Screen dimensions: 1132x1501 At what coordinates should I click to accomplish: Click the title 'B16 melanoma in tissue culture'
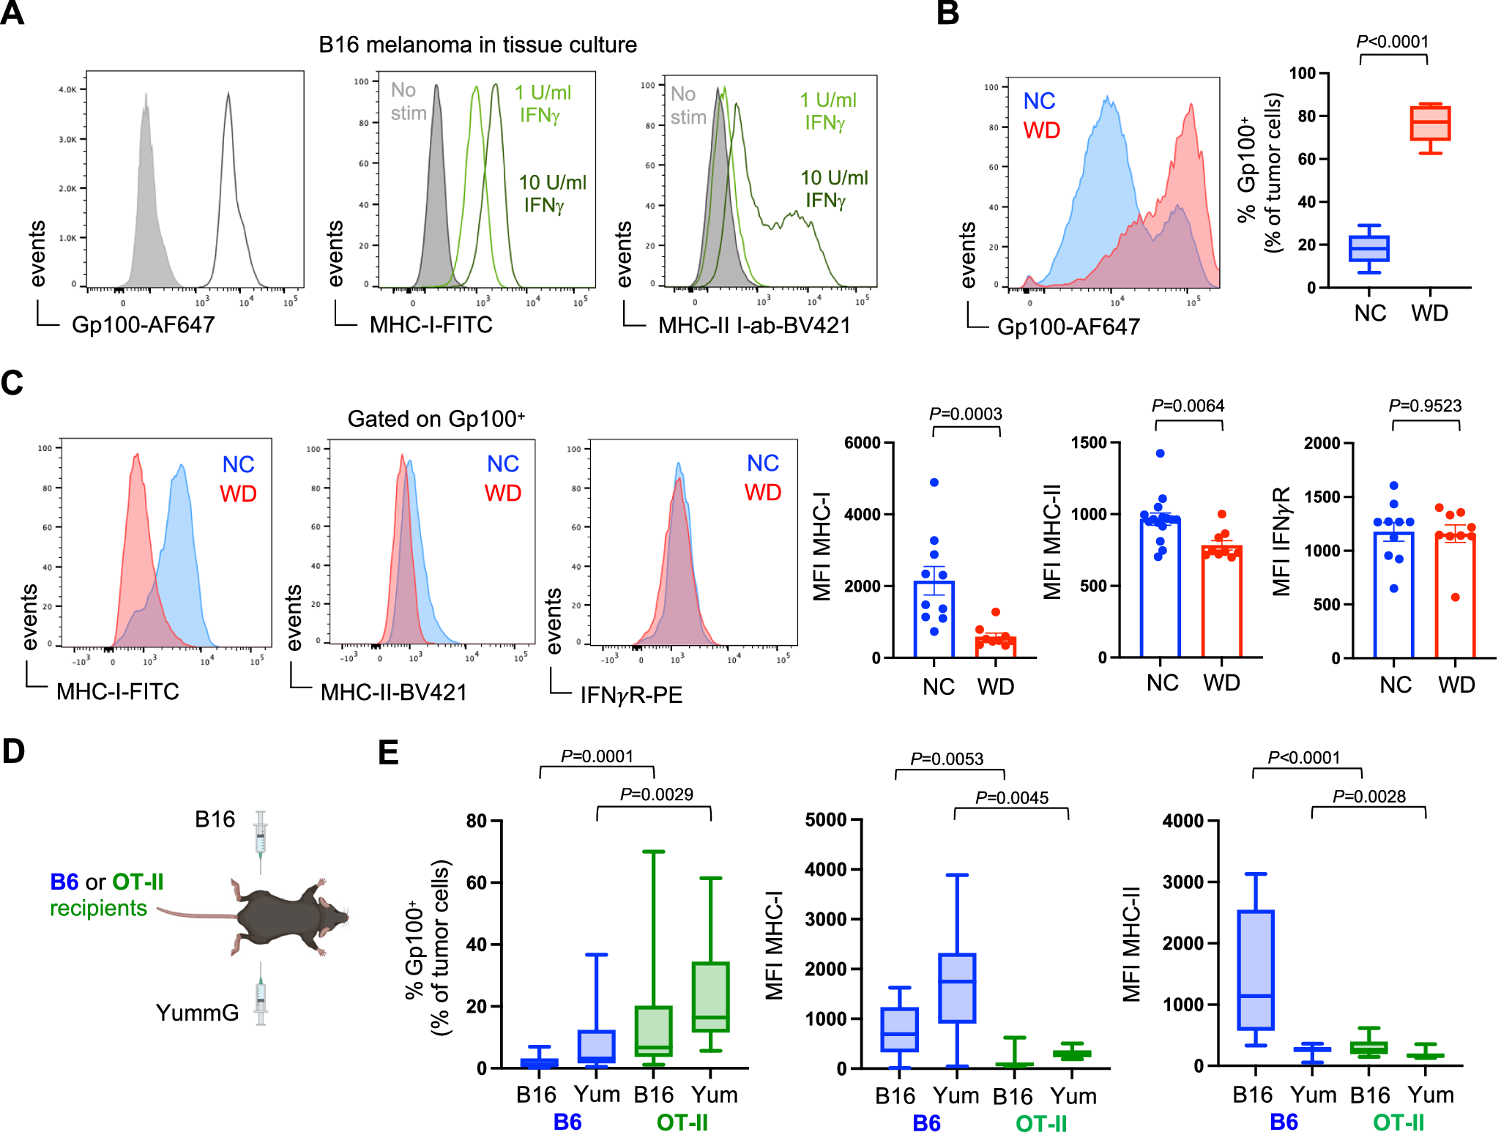coord(477,45)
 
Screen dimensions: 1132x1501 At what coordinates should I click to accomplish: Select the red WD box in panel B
coord(1429,123)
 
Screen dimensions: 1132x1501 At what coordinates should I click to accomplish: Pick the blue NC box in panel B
coord(1368,248)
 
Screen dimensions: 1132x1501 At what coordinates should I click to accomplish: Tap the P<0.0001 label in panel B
coord(1393,42)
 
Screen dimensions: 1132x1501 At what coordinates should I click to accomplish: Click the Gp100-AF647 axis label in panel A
coord(143,324)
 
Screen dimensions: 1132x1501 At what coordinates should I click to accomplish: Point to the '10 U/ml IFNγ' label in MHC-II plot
coord(833,188)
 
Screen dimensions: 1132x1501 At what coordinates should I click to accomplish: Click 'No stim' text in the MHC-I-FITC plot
coord(407,102)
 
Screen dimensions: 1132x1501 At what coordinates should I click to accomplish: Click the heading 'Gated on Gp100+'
coord(436,419)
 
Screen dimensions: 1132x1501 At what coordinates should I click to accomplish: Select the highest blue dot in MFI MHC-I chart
coord(934,483)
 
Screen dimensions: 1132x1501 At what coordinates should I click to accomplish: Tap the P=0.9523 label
coord(1425,406)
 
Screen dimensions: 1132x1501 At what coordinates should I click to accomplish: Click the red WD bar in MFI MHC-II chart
coord(1221,600)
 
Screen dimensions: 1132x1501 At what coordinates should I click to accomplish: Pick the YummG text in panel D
coord(197,1013)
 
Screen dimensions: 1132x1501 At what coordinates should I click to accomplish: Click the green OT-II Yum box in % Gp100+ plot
coord(710,997)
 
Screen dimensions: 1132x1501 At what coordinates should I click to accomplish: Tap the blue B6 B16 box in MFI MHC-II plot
coord(1255,970)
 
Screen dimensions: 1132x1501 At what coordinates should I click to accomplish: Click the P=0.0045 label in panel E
coord(1011,797)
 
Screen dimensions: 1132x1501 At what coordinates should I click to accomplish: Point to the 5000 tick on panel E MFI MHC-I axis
coord(825,820)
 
